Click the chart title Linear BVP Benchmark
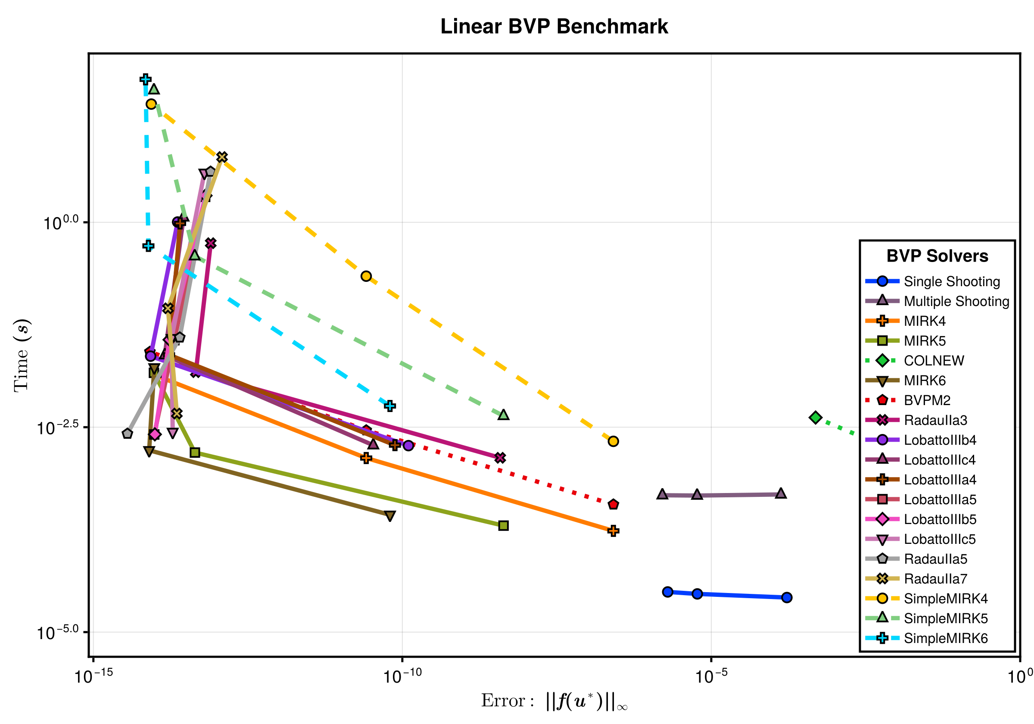coord(554,27)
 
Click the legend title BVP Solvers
coord(937,256)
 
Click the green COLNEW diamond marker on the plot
coord(816,418)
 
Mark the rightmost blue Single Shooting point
coord(787,597)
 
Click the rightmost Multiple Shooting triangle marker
coord(781,493)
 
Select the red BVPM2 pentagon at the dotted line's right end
coord(613,504)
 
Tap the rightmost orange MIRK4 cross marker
coord(613,531)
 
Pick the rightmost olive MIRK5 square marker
coord(504,525)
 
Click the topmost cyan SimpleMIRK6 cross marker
coord(145,79)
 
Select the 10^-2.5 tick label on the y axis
coord(58,427)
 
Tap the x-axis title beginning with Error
coord(554,701)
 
